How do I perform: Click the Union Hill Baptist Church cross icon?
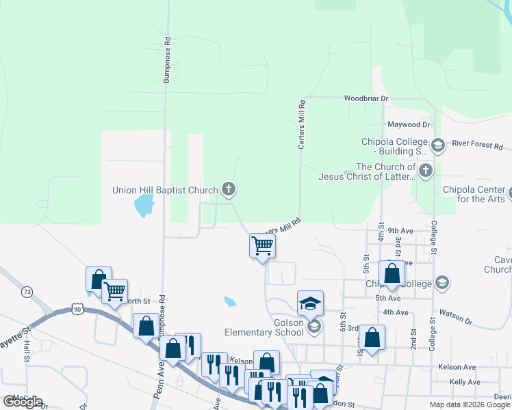[x=229, y=189]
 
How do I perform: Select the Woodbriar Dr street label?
[x=366, y=98]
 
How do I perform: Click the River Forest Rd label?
[x=478, y=146]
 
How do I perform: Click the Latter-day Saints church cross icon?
[x=426, y=170]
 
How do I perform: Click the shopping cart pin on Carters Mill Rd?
[x=263, y=245]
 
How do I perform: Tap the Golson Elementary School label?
[x=264, y=327]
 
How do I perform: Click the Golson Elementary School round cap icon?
[x=314, y=327]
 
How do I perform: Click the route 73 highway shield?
[x=27, y=292]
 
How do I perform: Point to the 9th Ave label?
[x=402, y=231]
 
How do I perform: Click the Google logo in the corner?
[x=23, y=402]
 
